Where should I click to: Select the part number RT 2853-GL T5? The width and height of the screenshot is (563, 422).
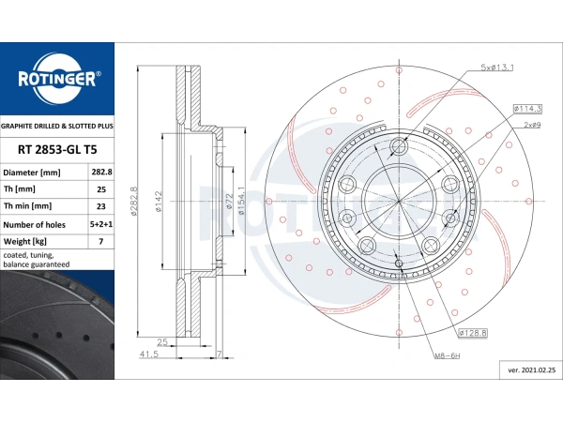pos(57,150)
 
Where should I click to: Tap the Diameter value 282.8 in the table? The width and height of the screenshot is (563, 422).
pos(101,172)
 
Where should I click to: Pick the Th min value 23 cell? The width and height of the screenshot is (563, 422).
pos(101,206)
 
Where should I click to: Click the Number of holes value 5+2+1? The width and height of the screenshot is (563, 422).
pos(101,224)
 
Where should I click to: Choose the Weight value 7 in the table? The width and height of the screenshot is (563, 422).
pos(101,241)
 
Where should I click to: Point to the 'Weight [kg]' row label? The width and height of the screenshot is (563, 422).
pos(24,242)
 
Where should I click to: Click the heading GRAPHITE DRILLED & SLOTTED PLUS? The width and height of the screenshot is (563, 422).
pos(56,126)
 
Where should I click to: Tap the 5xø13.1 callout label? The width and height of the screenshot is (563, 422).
pos(497,68)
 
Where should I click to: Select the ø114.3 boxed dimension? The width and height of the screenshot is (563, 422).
pos(527,109)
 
